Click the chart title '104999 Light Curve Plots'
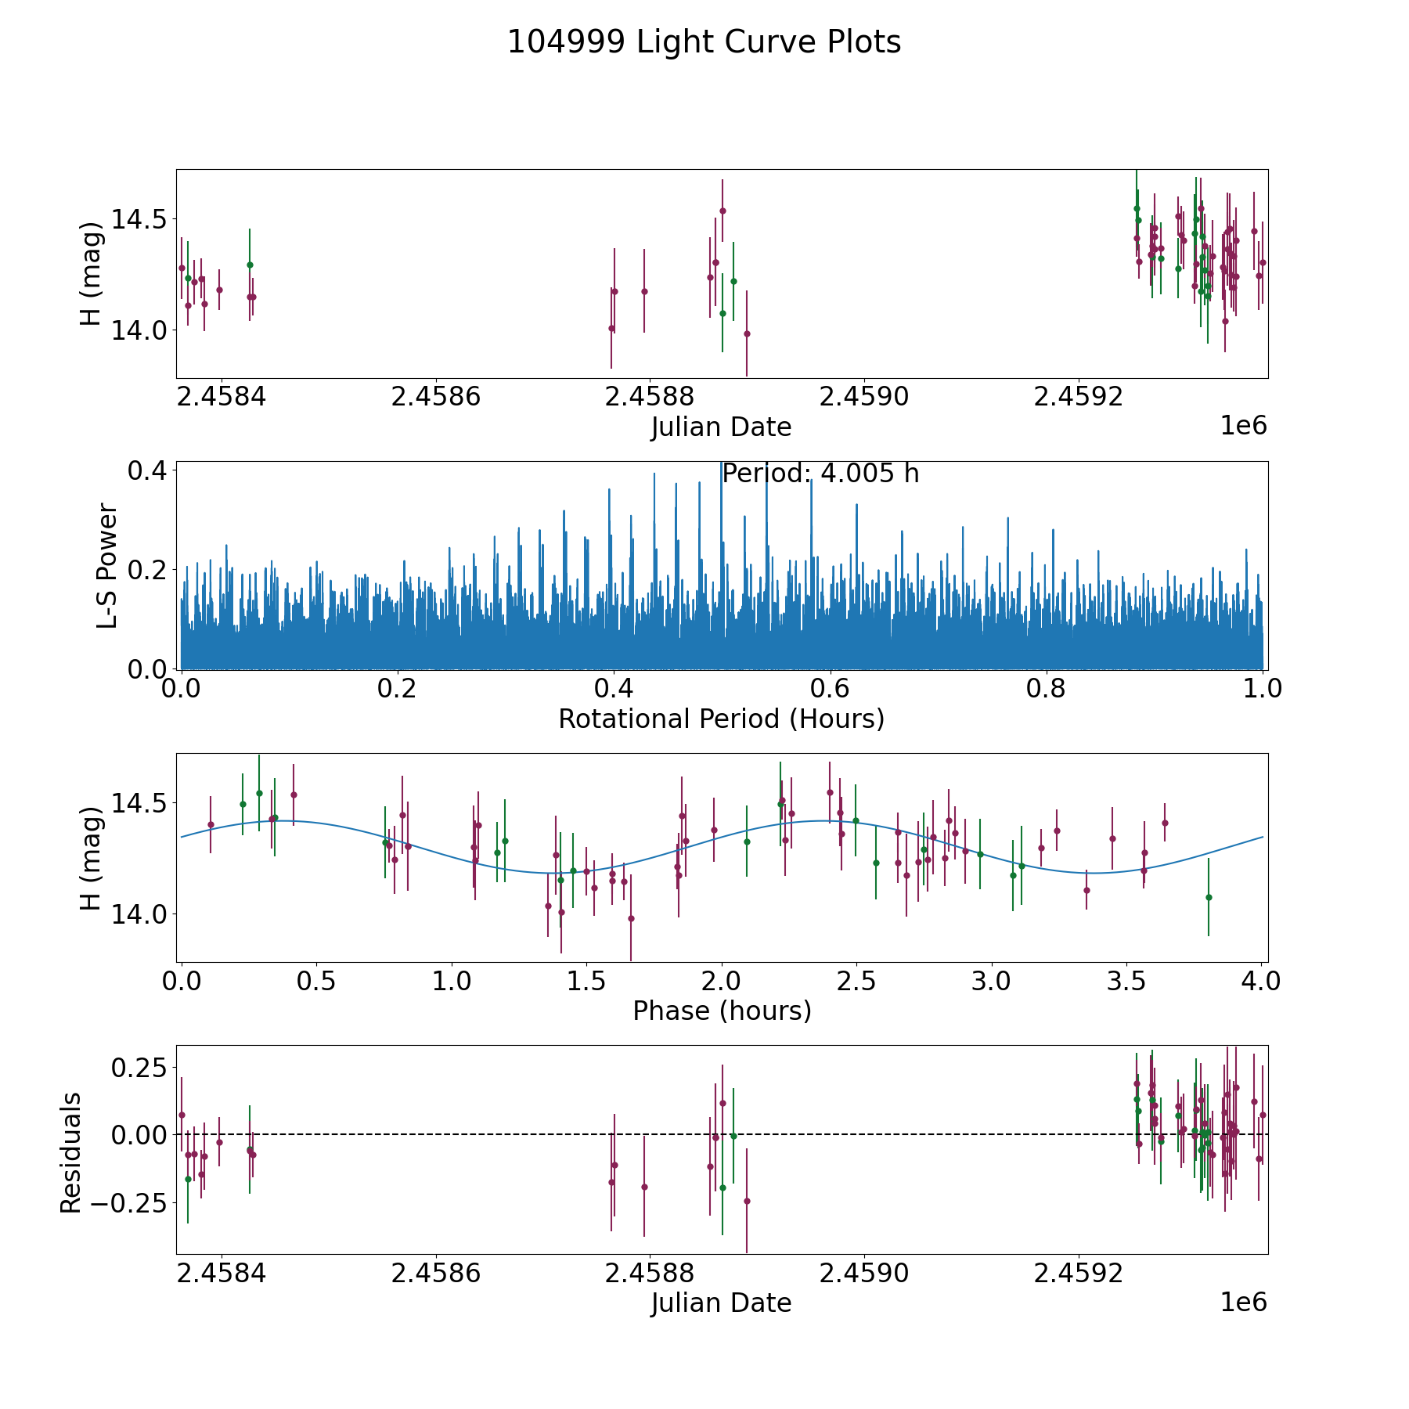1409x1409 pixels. [704, 42]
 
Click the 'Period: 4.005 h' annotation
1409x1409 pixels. [820, 474]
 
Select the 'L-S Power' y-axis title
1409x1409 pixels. [108, 566]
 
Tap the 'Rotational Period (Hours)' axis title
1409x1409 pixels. [721, 719]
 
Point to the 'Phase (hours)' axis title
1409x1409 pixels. [721, 1011]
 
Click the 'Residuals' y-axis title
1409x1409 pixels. [71, 1152]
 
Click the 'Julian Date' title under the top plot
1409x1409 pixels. [721, 427]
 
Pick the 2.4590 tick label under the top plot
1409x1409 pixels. [863, 397]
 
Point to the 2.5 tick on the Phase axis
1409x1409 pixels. [856, 981]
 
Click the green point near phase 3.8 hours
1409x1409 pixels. [1209, 897]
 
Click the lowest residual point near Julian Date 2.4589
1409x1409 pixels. [747, 1201]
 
